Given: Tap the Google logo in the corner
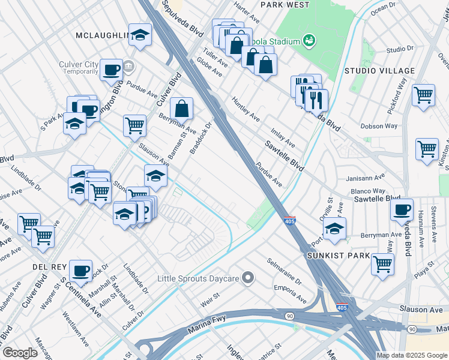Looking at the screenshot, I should (20, 353).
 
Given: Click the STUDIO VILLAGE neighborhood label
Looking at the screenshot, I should (372, 71).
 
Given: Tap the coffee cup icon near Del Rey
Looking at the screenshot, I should (80, 270).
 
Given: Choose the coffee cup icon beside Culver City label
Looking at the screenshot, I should (111, 70).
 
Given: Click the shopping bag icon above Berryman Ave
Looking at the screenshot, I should (181, 109).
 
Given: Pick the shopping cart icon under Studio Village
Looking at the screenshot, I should (424, 95).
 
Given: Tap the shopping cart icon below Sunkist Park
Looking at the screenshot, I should (382, 264).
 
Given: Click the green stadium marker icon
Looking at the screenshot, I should (309, 40).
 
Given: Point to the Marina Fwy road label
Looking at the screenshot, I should (206, 324).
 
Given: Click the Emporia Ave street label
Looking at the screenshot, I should (290, 293).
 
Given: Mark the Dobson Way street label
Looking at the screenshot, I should (379, 126).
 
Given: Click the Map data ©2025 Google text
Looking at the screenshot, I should (412, 355).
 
